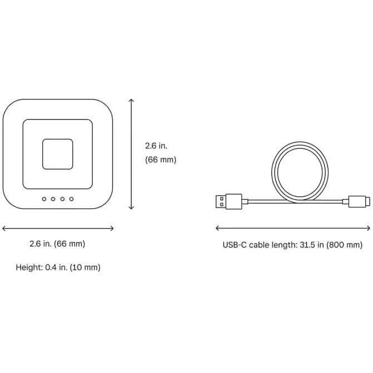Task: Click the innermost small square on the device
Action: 58,153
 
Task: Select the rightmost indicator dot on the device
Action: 72,198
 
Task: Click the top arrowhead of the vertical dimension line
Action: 131,101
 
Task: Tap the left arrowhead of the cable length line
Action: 217,228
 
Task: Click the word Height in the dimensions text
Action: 28,267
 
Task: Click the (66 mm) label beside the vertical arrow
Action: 160,160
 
